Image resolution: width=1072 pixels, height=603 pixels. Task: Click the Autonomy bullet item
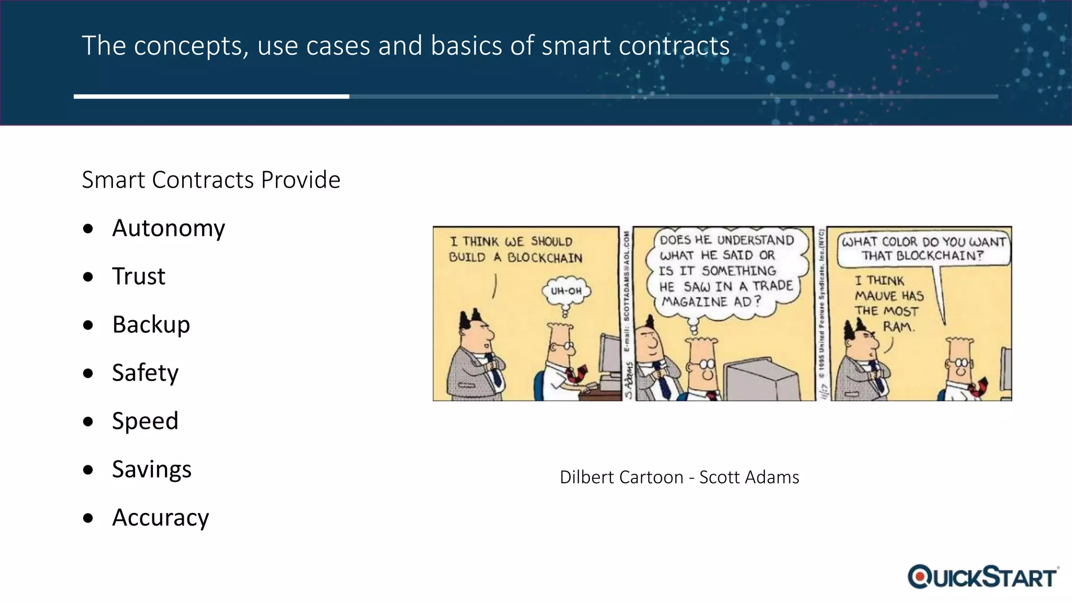[x=168, y=228]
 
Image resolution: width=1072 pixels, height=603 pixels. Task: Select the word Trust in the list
[x=138, y=276]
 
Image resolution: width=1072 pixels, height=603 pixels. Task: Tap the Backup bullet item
[x=151, y=325]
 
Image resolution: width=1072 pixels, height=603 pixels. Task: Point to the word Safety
[x=145, y=373]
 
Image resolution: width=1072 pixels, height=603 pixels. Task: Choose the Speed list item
[x=145, y=421]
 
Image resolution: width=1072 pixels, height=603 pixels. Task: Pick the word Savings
[x=151, y=469]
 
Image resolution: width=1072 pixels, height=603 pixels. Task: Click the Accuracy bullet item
[x=160, y=517]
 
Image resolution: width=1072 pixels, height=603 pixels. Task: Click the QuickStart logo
[x=983, y=577]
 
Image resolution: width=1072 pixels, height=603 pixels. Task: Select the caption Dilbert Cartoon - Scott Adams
[x=679, y=477]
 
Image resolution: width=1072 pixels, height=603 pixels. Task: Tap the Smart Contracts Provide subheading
[x=211, y=180]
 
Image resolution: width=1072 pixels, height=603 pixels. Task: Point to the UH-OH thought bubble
[x=566, y=291]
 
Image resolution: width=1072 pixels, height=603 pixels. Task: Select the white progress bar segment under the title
[x=211, y=96]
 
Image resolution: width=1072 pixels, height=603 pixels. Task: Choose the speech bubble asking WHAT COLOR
[x=923, y=248]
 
